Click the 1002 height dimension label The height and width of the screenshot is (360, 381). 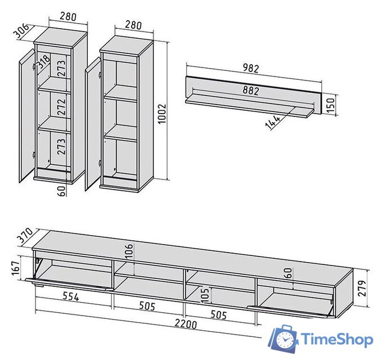click(162, 114)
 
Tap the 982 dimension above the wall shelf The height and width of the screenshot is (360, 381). click(251, 68)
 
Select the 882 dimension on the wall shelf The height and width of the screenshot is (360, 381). click(251, 91)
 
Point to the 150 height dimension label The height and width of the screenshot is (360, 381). click(330, 105)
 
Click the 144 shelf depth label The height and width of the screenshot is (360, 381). click(272, 122)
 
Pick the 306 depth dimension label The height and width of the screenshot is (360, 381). click(21, 31)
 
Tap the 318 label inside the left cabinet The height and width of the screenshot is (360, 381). click(44, 62)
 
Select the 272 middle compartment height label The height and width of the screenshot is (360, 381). click(61, 107)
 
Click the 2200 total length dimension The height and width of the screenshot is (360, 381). click(186, 324)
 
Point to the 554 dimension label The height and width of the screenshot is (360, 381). click(71, 296)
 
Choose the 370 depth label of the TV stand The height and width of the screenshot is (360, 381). click(26, 235)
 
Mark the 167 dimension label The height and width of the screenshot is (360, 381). click(16, 268)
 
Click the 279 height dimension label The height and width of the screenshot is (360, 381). click(362, 288)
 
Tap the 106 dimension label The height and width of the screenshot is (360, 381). click(129, 250)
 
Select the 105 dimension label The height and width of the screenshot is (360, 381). click(205, 295)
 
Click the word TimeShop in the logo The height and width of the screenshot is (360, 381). click(337, 339)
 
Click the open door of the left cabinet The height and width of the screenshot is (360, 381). click(26, 115)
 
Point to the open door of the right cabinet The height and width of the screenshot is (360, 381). click(93, 124)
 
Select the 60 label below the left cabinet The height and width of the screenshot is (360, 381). click(62, 191)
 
